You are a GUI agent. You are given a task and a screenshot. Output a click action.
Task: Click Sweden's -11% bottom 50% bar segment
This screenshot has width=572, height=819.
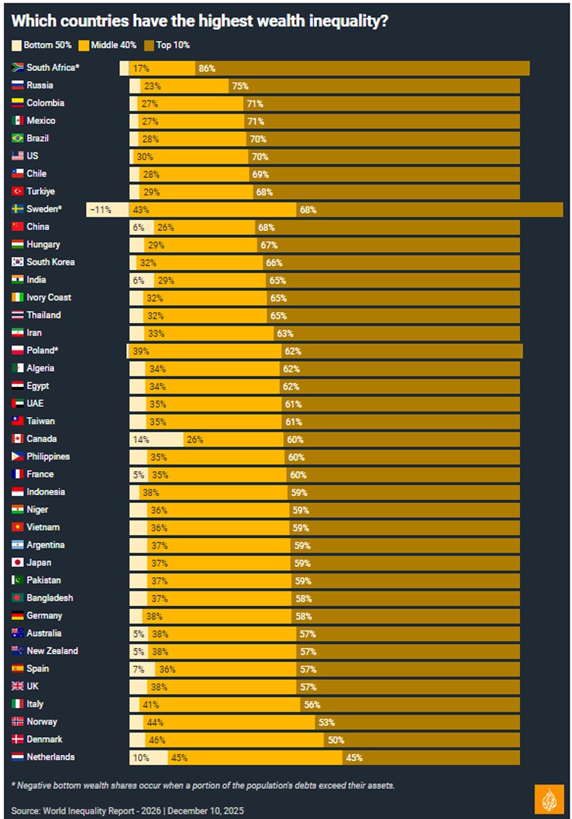[x=108, y=209]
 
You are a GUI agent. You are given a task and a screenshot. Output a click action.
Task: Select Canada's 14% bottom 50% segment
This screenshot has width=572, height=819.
[x=157, y=439]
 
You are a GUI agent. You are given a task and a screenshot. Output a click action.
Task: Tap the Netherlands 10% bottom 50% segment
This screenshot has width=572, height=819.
[x=148, y=757]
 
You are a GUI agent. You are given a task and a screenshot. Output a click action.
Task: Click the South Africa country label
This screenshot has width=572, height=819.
[x=52, y=67]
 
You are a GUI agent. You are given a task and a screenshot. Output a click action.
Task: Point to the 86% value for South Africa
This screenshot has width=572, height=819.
[x=207, y=68]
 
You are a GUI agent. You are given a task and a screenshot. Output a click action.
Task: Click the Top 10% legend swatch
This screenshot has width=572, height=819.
[x=149, y=46]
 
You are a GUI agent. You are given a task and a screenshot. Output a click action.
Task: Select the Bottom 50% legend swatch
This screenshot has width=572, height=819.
[x=16, y=46]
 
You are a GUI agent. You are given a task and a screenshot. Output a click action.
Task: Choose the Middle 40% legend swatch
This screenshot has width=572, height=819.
[x=84, y=46]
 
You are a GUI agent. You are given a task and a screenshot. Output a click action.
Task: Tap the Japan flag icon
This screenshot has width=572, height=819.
[x=18, y=562]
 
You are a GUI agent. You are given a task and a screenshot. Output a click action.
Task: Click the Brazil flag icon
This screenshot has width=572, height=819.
[x=18, y=138]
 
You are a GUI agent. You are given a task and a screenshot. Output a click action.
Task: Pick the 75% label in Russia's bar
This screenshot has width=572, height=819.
[x=240, y=86]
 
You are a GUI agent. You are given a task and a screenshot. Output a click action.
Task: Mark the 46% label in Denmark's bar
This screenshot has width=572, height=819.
[x=157, y=740]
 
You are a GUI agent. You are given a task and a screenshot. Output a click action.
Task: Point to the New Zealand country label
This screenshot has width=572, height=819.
[x=52, y=651]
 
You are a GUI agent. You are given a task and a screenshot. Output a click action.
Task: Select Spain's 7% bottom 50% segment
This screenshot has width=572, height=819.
[x=142, y=669]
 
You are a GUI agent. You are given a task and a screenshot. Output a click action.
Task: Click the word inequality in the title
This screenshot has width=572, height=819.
[x=349, y=21]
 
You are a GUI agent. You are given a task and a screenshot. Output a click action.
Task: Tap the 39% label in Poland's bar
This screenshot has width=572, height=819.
[x=141, y=351]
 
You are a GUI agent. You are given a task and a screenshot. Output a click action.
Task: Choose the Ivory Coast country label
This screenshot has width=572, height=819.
[x=49, y=297]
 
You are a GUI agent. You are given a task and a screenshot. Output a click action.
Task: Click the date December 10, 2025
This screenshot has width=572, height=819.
[x=206, y=810]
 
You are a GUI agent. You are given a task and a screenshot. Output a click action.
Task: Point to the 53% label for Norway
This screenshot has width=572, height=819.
[x=326, y=722]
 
